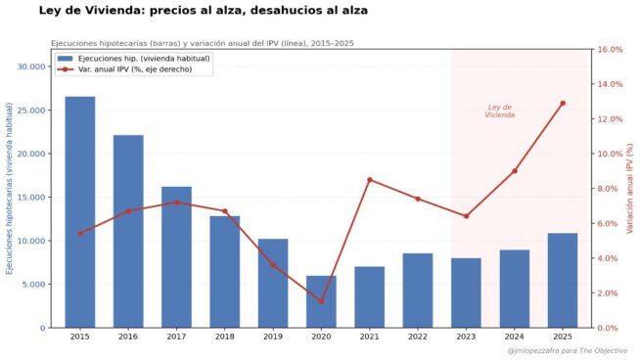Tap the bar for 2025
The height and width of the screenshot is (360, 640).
(x=563, y=280)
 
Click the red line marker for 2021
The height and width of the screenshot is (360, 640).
(x=370, y=179)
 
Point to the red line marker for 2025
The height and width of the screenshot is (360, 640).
(x=563, y=103)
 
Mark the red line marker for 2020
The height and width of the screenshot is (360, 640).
(x=321, y=301)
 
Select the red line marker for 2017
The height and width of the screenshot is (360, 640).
(x=176, y=202)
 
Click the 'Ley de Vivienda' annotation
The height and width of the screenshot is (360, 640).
(x=499, y=111)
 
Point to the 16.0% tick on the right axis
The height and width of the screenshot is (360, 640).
(x=610, y=50)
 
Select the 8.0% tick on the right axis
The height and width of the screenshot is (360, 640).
(x=608, y=189)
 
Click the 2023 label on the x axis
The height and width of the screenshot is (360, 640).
(x=466, y=337)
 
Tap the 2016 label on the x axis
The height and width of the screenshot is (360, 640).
(x=128, y=337)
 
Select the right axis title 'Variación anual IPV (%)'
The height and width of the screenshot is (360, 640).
(x=630, y=188)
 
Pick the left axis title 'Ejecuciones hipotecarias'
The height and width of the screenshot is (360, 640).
(x=11, y=188)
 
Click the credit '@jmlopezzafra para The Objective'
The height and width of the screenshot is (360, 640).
(x=568, y=350)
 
